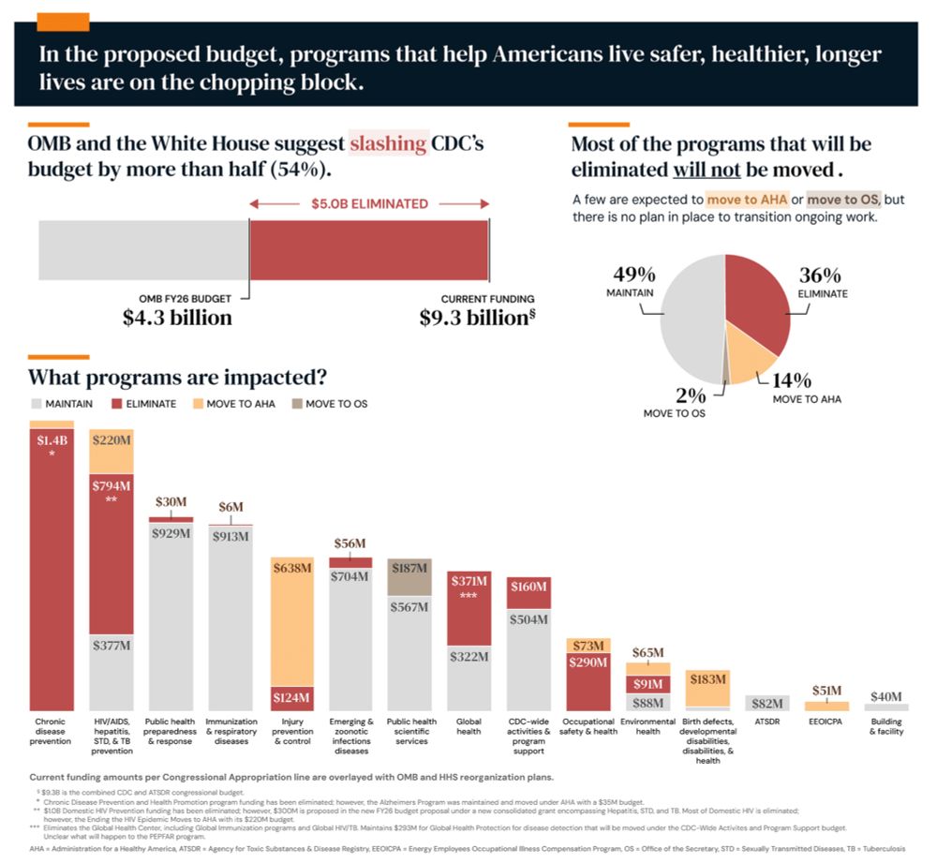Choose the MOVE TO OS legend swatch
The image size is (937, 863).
pyautogui.click(x=297, y=404)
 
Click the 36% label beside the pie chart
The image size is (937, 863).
pyautogui.click(x=820, y=275)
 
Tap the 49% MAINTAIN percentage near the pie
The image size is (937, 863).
pyautogui.click(x=633, y=275)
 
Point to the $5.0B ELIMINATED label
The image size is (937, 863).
pyautogui.click(x=369, y=203)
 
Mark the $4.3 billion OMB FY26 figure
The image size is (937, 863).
pyautogui.click(x=177, y=318)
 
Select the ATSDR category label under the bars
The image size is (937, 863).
pyautogui.click(x=767, y=722)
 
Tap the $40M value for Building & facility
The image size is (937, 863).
pyautogui.click(x=885, y=696)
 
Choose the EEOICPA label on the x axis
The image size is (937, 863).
pyautogui.click(x=826, y=722)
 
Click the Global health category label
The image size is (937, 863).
pyautogui.click(x=468, y=726)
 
